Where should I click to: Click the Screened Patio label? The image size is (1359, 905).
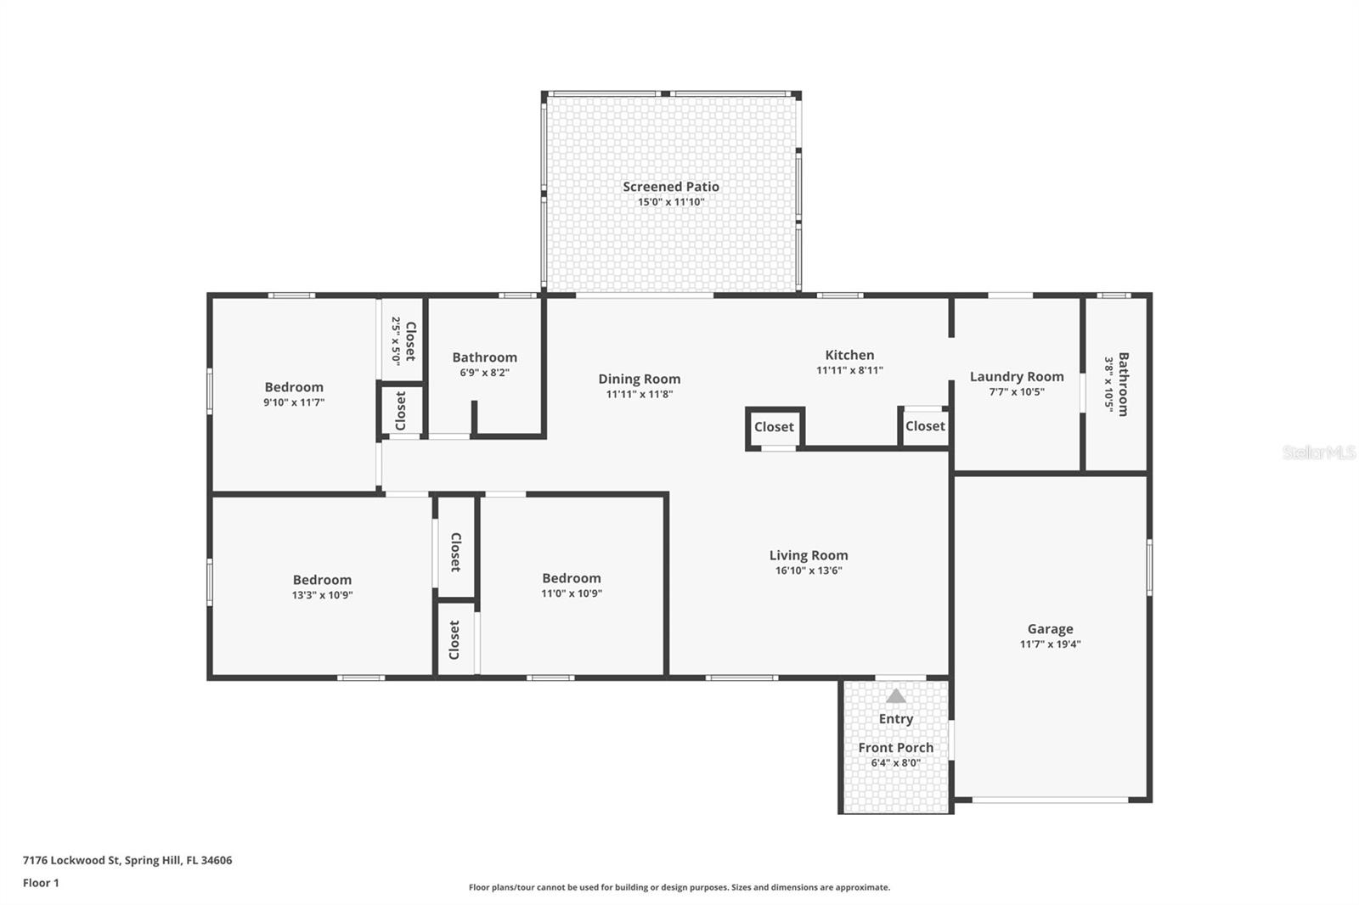tap(671, 187)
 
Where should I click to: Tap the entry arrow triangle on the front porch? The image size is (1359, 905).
tap(896, 696)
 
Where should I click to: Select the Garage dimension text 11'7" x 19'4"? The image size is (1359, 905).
tap(1050, 644)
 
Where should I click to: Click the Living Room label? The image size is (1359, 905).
tap(809, 555)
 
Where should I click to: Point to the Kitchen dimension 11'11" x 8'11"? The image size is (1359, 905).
tap(849, 370)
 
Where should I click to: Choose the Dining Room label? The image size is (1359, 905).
tap(640, 379)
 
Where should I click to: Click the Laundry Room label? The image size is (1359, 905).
tap(1017, 377)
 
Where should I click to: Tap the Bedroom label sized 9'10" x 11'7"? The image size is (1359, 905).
tap(294, 387)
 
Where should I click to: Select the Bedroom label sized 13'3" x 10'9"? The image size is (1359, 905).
tap(322, 580)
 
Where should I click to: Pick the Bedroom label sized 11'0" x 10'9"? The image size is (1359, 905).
tap(572, 578)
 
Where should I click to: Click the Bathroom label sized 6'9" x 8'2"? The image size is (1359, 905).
tap(485, 357)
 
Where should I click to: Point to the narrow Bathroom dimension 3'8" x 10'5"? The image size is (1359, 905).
tap(1109, 385)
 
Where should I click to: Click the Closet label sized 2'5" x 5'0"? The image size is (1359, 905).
tap(411, 341)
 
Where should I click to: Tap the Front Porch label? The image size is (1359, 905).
tap(896, 748)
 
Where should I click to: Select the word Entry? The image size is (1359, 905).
tap(896, 719)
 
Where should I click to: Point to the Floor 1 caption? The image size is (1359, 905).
tap(41, 883)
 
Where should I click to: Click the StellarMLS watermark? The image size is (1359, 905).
tap(1319, 452)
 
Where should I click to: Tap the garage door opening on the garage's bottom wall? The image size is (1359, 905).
tap(1050, 800)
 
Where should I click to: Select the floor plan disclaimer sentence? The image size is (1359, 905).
tap(679, 887)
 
